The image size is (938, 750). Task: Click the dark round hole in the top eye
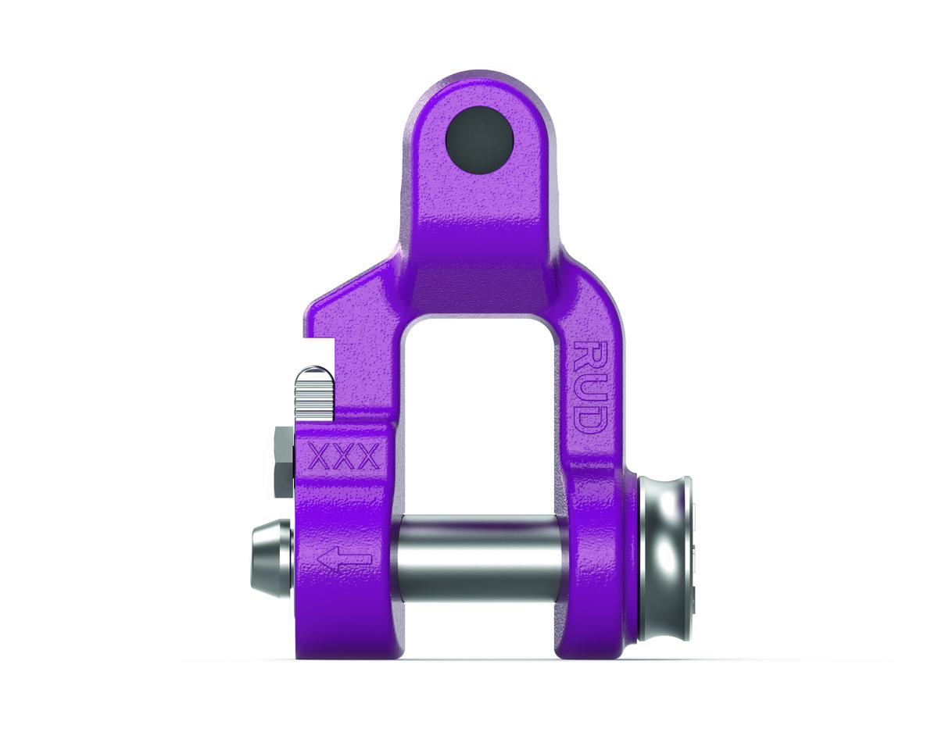tap(479, 141)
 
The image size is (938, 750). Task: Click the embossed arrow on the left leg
tap(344, 559)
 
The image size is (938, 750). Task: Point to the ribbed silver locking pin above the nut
tap(313, 395)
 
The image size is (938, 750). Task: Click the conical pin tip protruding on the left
tap(270, 559)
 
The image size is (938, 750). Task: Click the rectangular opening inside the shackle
tap(480, 414)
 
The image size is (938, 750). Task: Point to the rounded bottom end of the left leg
tap(344, 645)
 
